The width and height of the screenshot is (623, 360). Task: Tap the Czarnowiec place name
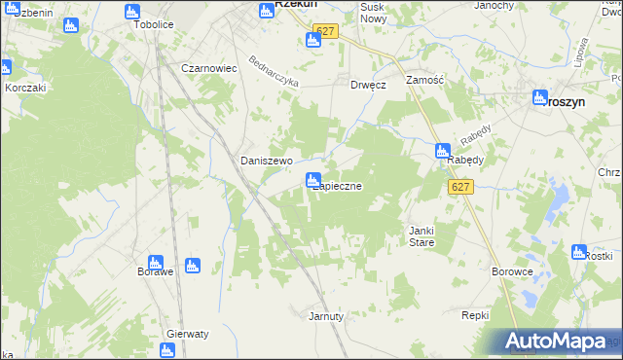click(209, 69)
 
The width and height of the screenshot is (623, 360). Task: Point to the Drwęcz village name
click(369, 85)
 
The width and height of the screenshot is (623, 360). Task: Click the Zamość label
click(425, 81)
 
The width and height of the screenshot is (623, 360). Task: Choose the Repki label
click(475, 316)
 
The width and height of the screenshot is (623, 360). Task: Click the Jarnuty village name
click(326, 316)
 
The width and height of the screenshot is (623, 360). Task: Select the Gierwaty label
click(188, 333)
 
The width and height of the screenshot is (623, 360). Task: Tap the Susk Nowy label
click(373, 13)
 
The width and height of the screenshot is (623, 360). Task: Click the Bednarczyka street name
click(273, 69)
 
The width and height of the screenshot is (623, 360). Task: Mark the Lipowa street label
click(582, 50)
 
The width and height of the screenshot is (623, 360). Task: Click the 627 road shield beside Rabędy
click(461, 187)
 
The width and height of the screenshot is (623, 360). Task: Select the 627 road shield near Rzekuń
click(326, 31)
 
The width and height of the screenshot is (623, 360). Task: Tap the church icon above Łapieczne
click(313, 180)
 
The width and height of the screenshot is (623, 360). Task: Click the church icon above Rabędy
click(443, 152)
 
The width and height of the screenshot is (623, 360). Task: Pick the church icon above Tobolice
click(133, 12)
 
